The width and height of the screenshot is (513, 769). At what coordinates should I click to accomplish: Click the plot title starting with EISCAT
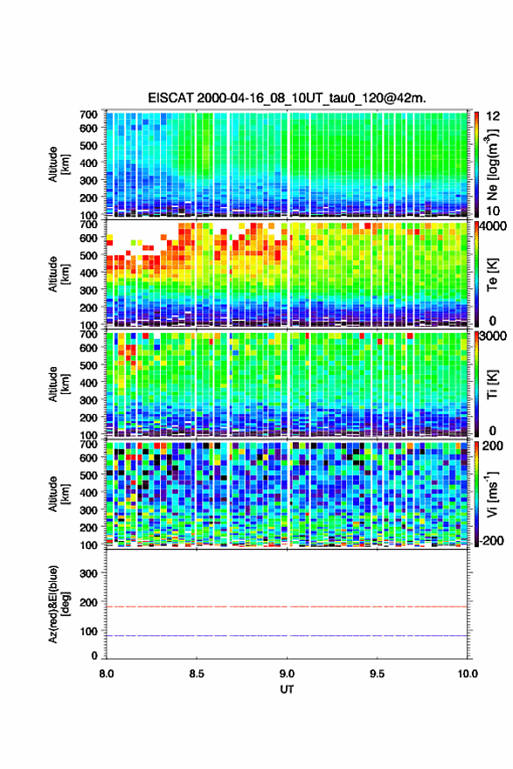point(287,98)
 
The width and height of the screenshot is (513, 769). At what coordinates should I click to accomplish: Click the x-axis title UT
point(287,689)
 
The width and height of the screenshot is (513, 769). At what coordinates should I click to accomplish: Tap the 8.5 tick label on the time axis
point(197,674)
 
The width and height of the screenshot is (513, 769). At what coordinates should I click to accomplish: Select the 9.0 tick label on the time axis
point(287,674)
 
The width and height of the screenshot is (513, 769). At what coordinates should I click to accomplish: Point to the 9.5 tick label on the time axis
point(378,674)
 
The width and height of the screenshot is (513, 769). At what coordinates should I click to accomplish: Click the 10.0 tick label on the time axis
point(468,674)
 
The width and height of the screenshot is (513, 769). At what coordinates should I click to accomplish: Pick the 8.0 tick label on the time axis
point(107,674)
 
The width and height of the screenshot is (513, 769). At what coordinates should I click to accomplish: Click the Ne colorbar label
point(492,165)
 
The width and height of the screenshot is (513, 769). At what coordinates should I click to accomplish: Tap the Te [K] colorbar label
point(492,274)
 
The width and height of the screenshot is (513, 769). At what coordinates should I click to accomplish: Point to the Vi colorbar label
point(492,494)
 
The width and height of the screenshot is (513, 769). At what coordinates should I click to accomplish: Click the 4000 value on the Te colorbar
point(493,226)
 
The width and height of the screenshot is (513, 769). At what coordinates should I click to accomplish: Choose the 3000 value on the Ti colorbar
point(493,336)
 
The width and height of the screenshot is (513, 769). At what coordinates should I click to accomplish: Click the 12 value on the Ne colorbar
point(493,116)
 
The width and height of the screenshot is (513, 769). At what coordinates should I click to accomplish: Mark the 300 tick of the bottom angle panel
point(89,573)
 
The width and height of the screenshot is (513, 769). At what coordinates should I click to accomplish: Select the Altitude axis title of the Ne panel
point(59,164)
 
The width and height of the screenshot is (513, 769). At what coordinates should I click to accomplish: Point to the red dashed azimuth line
point(287,606)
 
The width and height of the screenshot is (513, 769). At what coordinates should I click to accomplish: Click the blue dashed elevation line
point(287,635)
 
